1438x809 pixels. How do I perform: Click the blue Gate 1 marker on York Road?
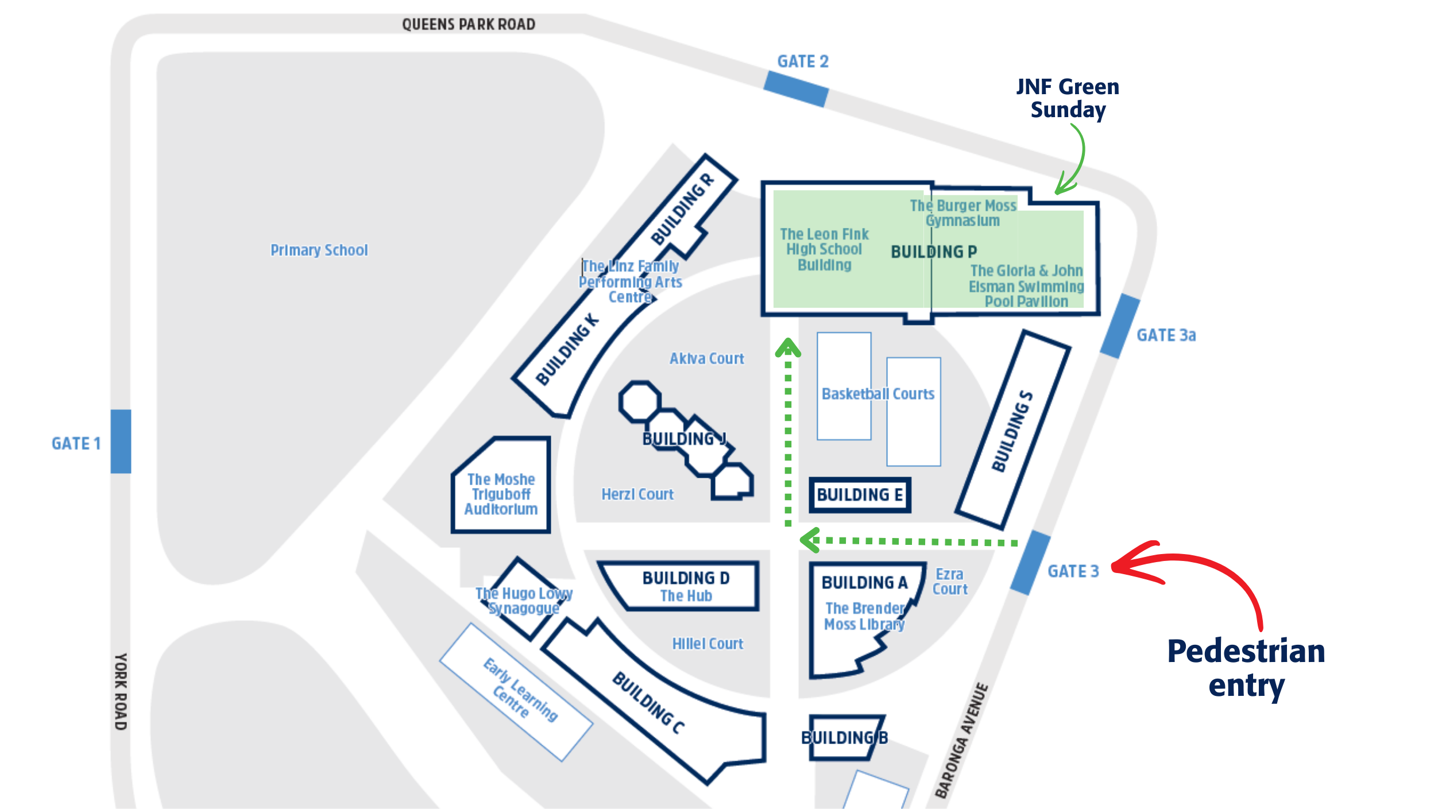click(x=121, y=441)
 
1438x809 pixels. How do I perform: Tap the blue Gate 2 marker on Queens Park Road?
click(x=796, y=89)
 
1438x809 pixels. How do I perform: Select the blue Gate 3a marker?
click(x=1120, y=326)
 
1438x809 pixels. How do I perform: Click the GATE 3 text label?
click(x=1073, y=571)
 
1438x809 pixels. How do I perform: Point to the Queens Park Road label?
click(x=469, y=24)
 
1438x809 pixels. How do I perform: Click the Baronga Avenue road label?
click(x=961, y=740)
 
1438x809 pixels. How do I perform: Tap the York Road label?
click(x=121, y=691)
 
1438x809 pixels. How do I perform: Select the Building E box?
click(x=860, y=494)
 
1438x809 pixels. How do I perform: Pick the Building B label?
click(x=844, y=738)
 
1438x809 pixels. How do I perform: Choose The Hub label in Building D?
click(x=686, y=596)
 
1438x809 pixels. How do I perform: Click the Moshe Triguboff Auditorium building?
click(x=501, y=485)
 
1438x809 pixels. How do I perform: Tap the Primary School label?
click(x=319, y=250)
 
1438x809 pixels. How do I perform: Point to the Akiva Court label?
click(x=706, y=358)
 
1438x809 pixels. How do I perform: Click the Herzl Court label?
click(x=637, y=494)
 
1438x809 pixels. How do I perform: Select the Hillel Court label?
click(x=708, y=644)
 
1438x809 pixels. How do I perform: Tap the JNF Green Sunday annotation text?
click(x=1068, y=98)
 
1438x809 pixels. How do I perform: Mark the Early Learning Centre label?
click(x=520, y=690)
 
